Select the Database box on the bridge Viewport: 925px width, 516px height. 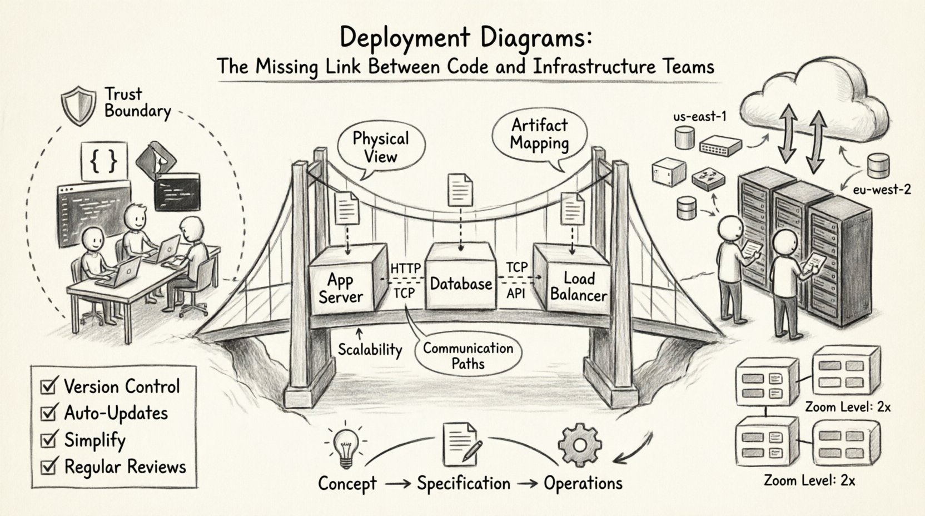461,284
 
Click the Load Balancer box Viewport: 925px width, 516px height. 578,286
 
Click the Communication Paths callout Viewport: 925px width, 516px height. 468,356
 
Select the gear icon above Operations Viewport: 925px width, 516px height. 579,445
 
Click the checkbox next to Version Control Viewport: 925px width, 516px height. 49,386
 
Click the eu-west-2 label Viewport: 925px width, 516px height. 882,190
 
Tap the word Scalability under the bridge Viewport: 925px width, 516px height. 370,349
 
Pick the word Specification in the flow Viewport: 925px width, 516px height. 464,483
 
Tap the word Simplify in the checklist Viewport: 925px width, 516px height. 95,440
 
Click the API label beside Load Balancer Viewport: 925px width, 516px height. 516,293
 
